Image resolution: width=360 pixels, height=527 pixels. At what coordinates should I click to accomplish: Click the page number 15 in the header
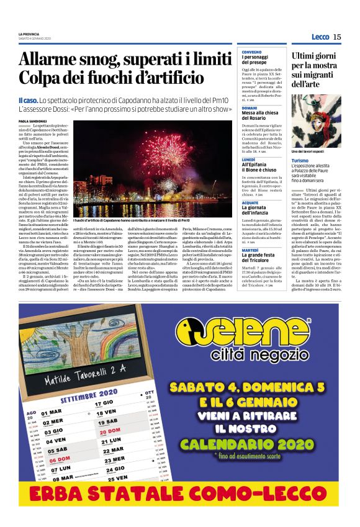coord(337,37)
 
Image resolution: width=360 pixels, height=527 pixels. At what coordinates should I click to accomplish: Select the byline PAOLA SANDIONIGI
coord(32,121)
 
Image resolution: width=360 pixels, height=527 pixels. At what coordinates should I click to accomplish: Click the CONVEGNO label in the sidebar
coord(251,52)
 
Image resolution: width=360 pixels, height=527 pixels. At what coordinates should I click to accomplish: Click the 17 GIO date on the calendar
coord(104,403)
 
